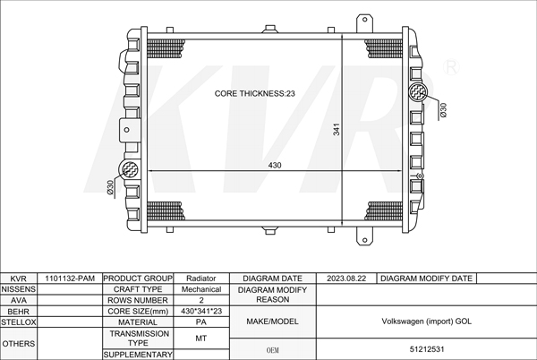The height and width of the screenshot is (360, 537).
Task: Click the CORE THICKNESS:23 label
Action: tap(254, 93)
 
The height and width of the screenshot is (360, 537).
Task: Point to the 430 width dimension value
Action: tap(275, 166)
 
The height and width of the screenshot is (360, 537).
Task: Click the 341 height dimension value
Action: tap(337, 130)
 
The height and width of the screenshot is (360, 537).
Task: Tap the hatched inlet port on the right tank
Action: tap(418, 92)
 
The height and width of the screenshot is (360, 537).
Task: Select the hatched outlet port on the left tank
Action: tap(128, 169)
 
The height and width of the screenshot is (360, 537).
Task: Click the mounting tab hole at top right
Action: tap(364, 20)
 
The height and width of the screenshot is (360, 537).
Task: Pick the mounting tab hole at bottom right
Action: tap(365, 240)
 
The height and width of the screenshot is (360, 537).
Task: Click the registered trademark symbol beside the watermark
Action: tap(451, 67)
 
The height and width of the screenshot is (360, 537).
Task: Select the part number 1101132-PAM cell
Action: tap(70, 279)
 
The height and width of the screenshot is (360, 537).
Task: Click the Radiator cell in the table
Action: tap(201, 279)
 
